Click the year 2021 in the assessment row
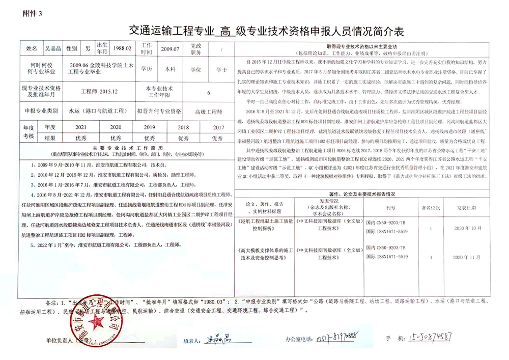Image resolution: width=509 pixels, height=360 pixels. pos(80,127)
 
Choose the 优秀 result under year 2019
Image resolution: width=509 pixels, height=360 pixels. pos(149,137)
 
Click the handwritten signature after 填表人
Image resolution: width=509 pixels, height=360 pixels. pos(217,338)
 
